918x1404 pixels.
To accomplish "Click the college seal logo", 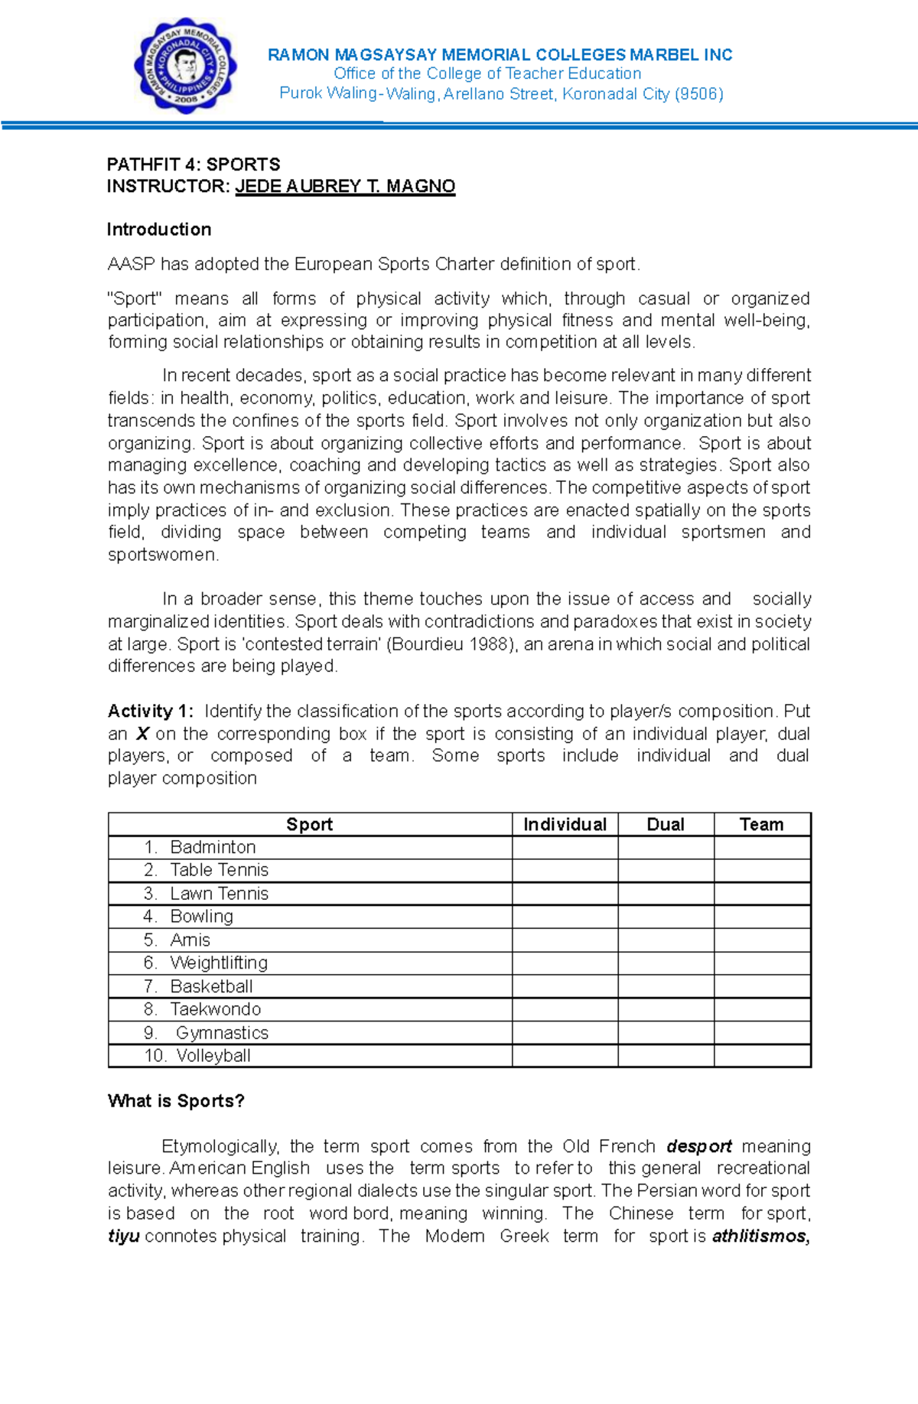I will [x=186, y=65].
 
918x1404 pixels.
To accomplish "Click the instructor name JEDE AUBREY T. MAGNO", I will [x=345, y=187].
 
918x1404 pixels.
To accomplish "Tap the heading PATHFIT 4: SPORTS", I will [x=194, y=165].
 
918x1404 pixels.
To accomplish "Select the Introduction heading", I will [x=159, y=230].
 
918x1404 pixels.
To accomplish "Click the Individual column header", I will [x=565, y=824].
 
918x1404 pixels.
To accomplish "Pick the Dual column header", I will [x=666, y=824].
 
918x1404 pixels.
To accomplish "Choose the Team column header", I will [x=762, y=824].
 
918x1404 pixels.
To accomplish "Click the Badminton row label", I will [x=213, y=847].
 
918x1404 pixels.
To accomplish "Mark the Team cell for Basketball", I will [x=762, y=986].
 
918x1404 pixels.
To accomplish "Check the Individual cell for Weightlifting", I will [x=565, y=963].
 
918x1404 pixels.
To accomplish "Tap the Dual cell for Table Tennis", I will [x=666, y=870].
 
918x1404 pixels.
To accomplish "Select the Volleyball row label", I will [x=213, y=1056].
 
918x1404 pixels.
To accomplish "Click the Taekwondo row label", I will [x=215, y=1009].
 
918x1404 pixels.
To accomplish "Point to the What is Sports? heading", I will [x=176, y=1101].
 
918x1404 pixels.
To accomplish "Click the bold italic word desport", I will [x=699, y=1146].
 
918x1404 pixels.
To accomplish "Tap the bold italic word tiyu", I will [x=123, y=1236].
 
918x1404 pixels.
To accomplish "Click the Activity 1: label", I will [x=151, y=712].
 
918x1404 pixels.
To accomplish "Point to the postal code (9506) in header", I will [x=698, y=94].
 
